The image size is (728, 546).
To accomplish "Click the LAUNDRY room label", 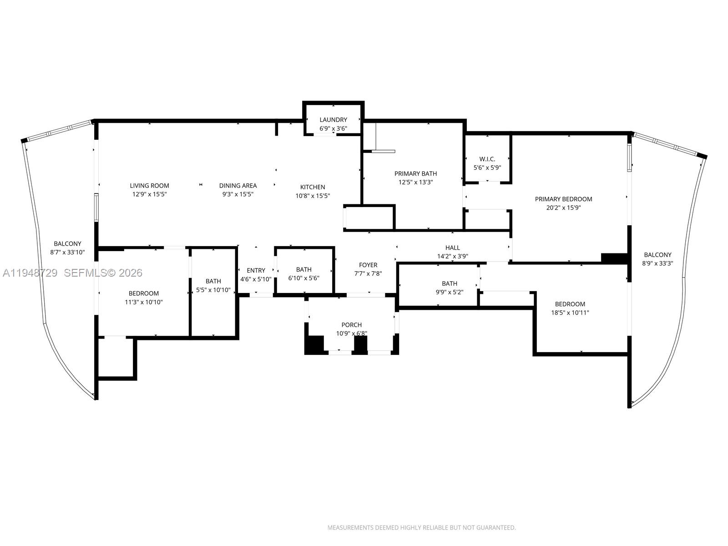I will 333,120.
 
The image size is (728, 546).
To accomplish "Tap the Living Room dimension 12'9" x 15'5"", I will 149,194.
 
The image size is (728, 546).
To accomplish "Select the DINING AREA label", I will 238,186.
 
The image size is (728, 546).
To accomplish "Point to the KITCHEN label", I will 313,187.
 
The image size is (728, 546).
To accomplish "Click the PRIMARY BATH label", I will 415,173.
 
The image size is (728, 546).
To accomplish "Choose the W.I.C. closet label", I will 487,159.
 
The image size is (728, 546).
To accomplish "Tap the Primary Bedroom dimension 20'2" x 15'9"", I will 563,207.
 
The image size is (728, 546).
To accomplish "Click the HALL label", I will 452,248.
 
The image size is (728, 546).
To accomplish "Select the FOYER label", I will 368,265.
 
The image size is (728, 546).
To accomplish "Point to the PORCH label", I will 351,325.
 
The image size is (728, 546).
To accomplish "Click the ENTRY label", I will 256,270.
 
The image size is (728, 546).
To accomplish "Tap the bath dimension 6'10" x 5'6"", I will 303,278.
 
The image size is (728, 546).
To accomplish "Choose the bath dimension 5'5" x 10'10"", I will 213,290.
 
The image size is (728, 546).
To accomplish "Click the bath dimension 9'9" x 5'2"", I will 449,292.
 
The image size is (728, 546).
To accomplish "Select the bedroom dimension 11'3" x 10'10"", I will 143,302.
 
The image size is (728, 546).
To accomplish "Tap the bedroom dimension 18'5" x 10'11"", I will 570,313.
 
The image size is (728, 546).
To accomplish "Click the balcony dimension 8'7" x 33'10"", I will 67,252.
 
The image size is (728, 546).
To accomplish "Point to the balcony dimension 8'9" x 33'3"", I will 657,263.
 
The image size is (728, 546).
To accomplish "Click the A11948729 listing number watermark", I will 30,273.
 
